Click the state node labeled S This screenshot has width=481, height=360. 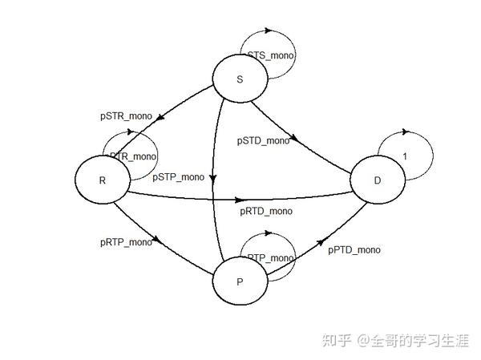pyautogui.click(x=239, y=80)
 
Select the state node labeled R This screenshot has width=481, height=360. pyautogui.click(x=103, y=180)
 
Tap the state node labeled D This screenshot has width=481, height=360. pyautogui.click(x=378, y=180)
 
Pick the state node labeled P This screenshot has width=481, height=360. pyautogui.click(x=239, y=281)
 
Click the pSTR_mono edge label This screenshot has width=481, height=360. pyautogui.click(x=126, y=116)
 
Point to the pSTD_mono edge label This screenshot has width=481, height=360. pyautogui.click(x=263, y=140)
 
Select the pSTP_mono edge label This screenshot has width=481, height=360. pyautogui.click(x=178, y=176)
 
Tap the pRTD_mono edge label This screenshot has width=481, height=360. pyautogui.click(x=266, y=211)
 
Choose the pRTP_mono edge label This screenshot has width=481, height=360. pyautogui.click(x=126, y=241)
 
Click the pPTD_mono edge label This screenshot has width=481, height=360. pyautogui.click(x=354, y=249)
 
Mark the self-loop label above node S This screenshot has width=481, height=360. pyautogui.click(x=271, y=56)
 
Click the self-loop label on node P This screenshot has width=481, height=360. pyautogui.click(x=271, y=257)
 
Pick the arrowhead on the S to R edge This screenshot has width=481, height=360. pyautogui.click(x=161, y=118)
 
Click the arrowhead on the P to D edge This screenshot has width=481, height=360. pyautogui.click(x=323, y=241)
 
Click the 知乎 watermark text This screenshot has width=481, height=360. pyautogui.click(x=338, y=341)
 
